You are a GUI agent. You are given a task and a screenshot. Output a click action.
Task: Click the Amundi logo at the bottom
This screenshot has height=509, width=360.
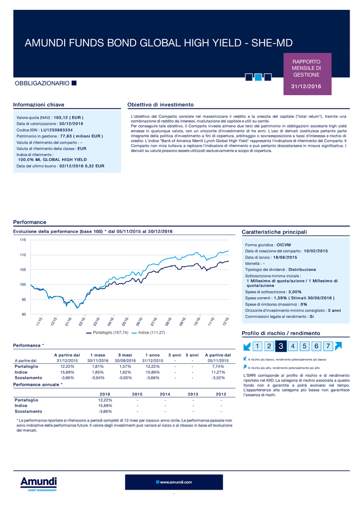(38, 484)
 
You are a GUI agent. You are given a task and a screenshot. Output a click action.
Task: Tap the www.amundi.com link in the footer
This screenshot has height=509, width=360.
(176, 482)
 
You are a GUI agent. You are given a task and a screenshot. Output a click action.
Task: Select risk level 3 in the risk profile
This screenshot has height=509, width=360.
(281, 346)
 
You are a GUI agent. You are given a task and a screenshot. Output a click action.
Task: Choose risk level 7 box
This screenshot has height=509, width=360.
(328, 346)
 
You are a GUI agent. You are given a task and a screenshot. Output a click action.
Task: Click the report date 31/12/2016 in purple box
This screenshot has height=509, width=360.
(306, 86)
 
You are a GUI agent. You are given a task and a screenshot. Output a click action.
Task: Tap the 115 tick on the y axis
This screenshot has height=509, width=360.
(23, 240)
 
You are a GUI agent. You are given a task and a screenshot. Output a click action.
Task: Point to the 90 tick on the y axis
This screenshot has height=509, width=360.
(24, 314)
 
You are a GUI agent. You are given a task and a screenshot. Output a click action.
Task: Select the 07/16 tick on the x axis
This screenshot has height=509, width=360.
(154, 322)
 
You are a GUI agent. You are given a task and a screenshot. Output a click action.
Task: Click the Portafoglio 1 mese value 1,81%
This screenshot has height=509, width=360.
(98, 366)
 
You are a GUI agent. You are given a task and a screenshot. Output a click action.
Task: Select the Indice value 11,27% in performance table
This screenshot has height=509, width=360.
(218, 372)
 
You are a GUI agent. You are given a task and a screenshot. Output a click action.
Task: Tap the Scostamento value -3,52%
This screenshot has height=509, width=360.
(218, 378)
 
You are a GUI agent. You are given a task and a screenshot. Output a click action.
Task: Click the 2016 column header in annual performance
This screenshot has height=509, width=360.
(105, 394)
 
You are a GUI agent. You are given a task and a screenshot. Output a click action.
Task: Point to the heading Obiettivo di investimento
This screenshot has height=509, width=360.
(161, 105)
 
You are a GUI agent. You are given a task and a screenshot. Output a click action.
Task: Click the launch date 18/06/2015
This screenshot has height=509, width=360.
(285, 257)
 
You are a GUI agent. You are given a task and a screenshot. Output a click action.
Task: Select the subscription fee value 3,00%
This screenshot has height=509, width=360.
(295, 292)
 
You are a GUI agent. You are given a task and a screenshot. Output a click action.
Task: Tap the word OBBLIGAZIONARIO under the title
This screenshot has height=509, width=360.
(42, 84)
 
